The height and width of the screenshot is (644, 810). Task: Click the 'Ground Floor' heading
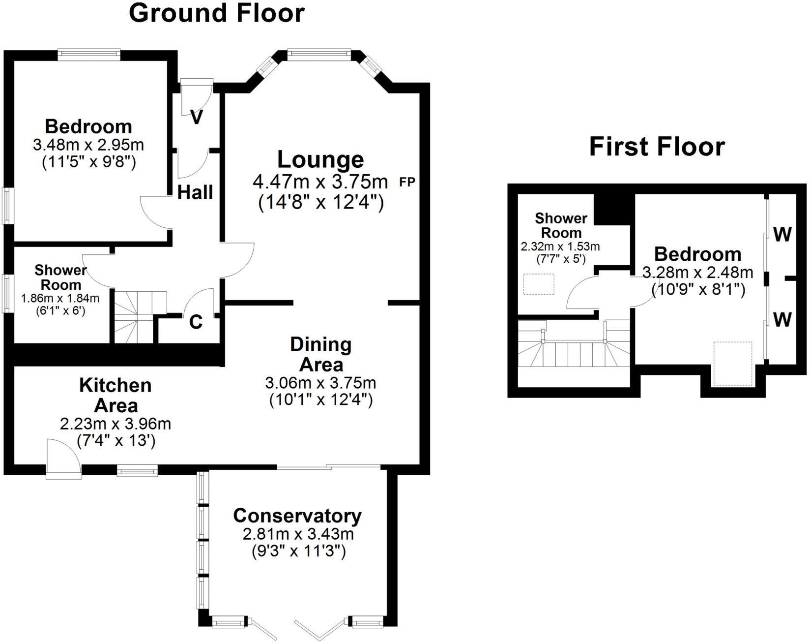pos(216,13)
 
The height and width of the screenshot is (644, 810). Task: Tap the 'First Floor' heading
pos(657,147)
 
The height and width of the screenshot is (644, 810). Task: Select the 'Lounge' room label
pos(320,159)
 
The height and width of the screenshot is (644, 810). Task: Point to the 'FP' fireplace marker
pos(407,182)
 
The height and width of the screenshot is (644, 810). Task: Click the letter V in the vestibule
pos(197,117)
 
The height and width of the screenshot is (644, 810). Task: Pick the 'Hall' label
pos(195,192)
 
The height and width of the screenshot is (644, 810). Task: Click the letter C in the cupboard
pos(196,322)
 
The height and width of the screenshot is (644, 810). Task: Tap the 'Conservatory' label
pos(297,516)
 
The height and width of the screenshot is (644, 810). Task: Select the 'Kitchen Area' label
pos(116,396)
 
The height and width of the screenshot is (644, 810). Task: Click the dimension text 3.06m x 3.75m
pos(320,382)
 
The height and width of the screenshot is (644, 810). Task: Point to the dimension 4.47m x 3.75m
pos(320,182)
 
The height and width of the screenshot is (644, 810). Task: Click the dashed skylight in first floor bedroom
pos(733,364)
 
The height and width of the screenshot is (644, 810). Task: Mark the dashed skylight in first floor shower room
pos(539,284)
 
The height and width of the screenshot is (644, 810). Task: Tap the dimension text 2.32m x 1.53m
pos(560,246)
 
